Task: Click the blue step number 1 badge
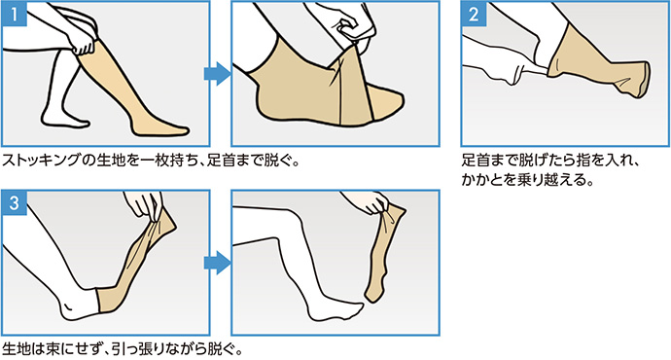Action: point(15,14)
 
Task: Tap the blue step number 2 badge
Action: point(474,14)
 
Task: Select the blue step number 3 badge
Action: point(15,202)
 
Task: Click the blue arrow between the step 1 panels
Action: point(218,74)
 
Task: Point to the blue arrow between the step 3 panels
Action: point(218,263)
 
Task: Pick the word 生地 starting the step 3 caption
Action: point(17,349)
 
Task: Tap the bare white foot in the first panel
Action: point(65,119)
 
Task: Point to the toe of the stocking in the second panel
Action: point(388,101)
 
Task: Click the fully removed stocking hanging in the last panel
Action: point(384,252)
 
